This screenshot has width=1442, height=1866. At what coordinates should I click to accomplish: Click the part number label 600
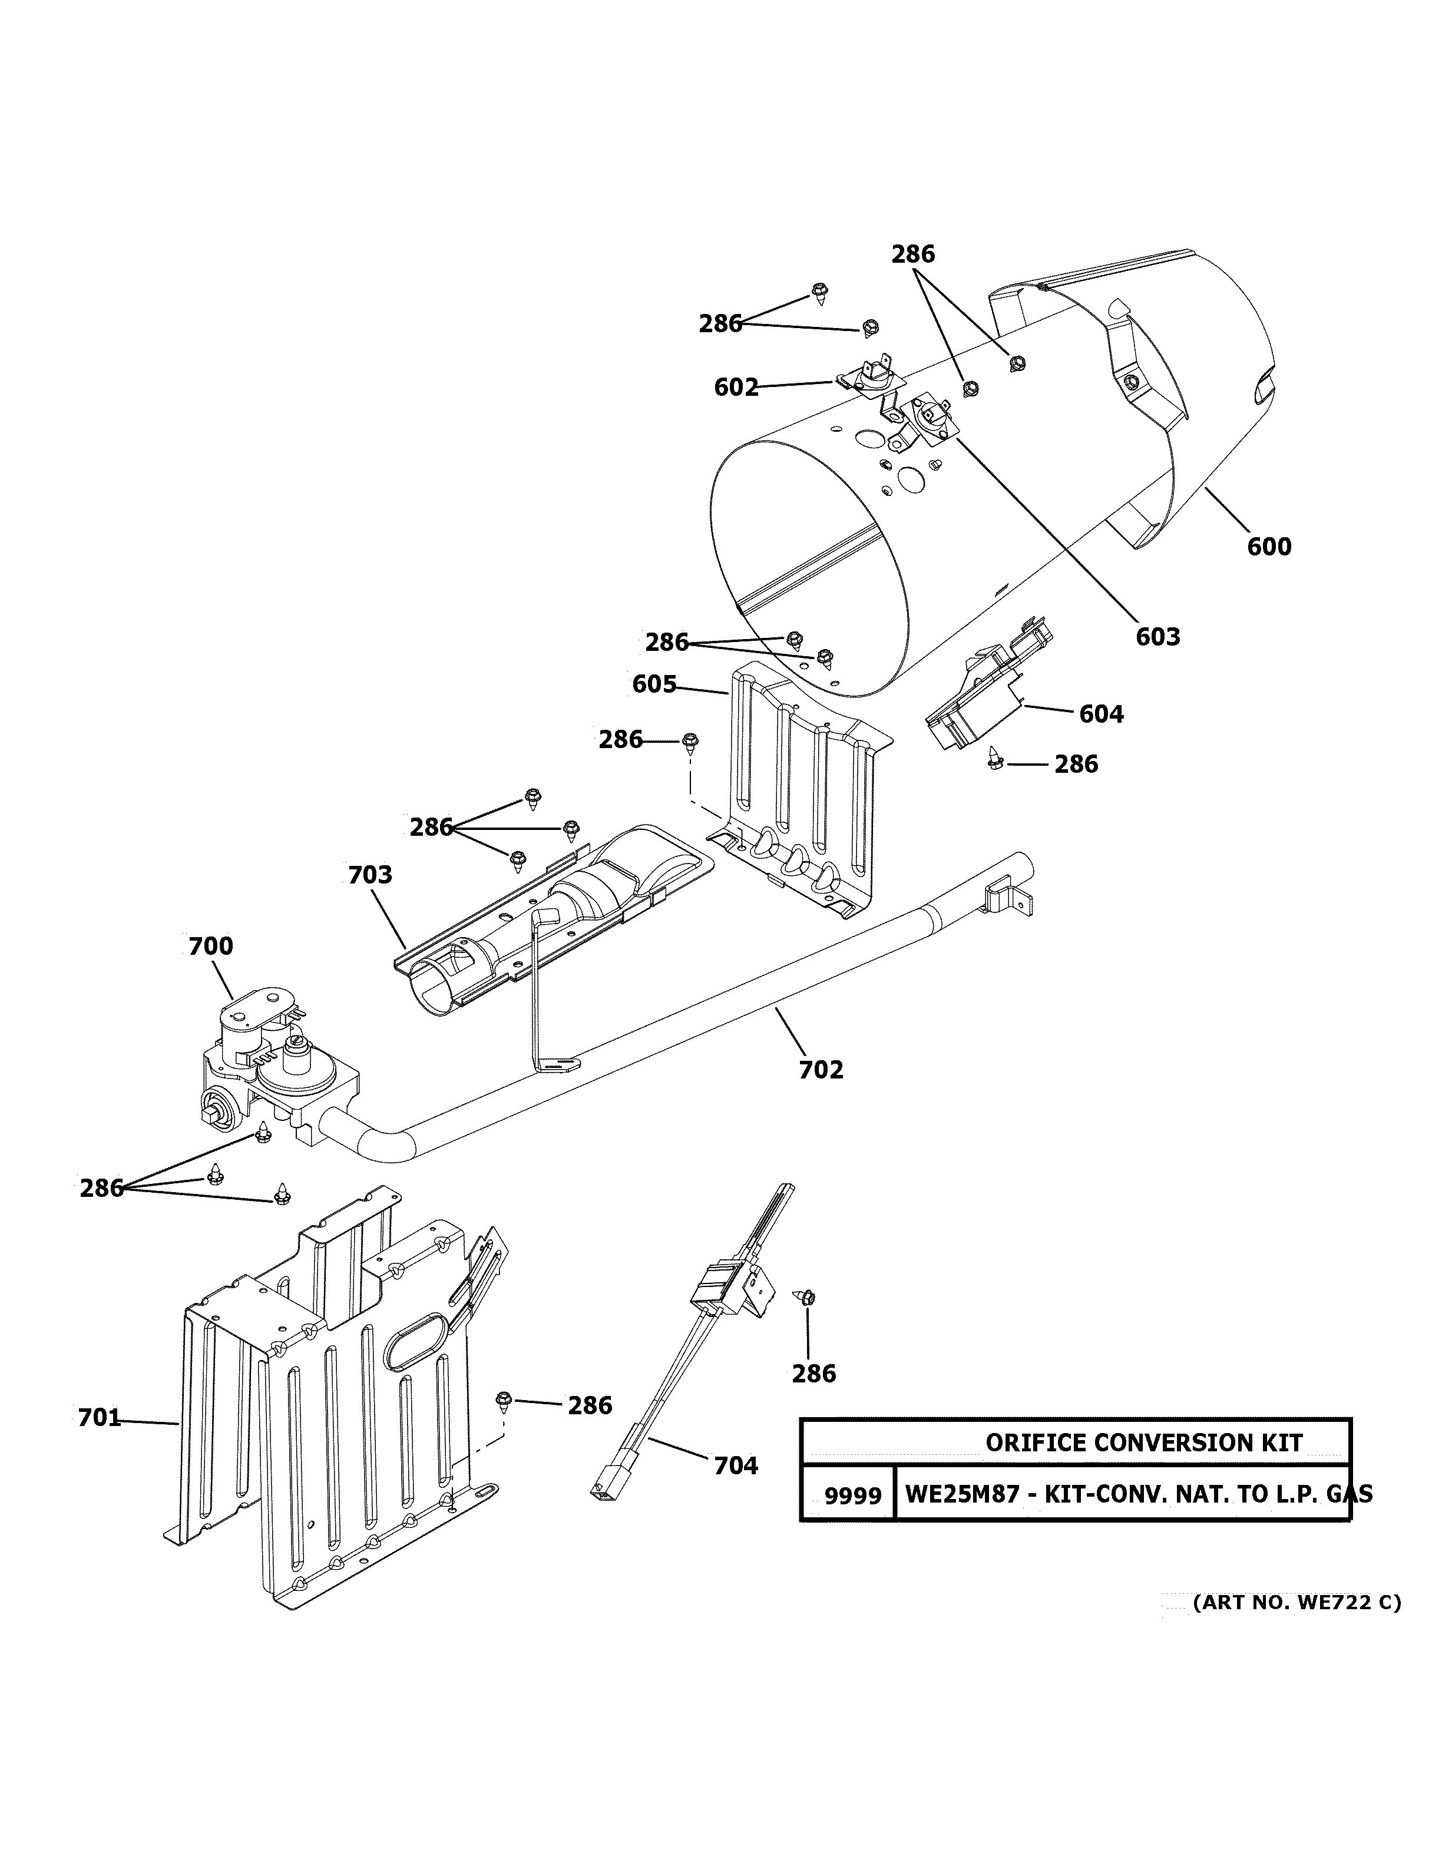pyautogui.click(x=1269, y=547)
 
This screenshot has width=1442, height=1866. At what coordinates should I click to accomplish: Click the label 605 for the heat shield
pyautogui.click(x=654, y=684)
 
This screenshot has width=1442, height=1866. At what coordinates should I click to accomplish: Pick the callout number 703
pyautogui.click(x=370, y=875)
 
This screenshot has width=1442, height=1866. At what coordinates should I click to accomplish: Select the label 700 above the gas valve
pyautogui.click(x=210, y=947)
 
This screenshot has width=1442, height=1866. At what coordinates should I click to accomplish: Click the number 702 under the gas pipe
pyautogui.click(x=821, y=1070)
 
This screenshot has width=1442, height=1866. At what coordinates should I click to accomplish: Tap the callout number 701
pyautogui.click(x=99, y=1418)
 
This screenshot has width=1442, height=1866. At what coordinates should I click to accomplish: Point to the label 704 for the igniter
pyautogui.click(x=736, y=1466)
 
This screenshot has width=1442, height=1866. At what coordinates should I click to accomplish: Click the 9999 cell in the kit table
pyautogui.click(x=852, y=1495)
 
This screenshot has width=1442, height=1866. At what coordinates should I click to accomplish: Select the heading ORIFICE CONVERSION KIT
pyautogui.click(x=1144, y=1443)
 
